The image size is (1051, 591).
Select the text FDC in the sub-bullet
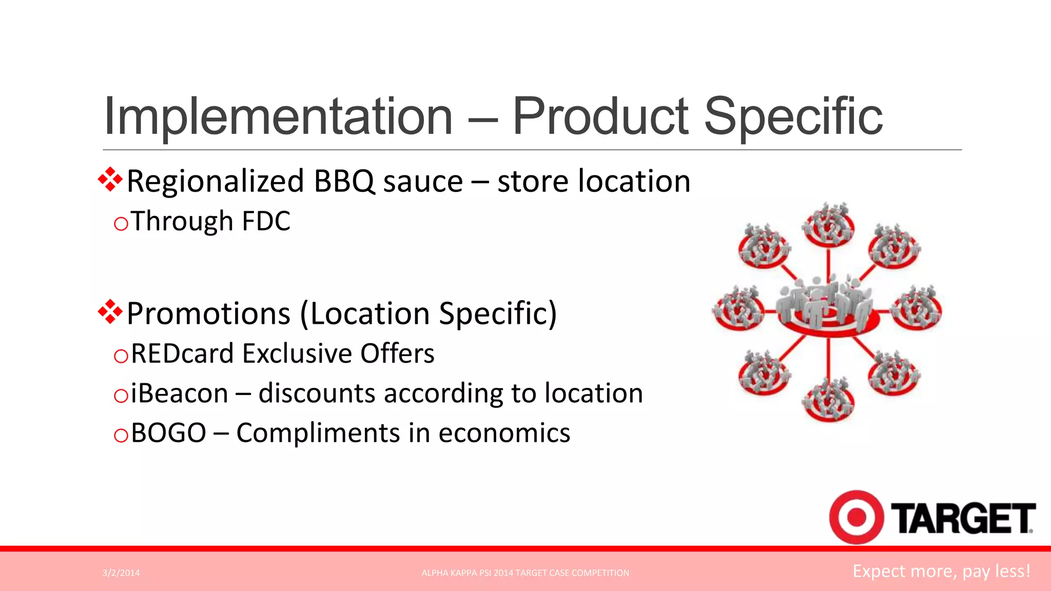pos(266,222)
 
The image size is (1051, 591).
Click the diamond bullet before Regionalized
pos(110,180)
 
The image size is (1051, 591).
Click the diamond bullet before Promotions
pos(110,312)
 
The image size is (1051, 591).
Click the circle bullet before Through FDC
pos(121,224)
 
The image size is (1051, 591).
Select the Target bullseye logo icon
pos(856,517)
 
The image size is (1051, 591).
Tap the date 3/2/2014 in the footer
pos(121,573)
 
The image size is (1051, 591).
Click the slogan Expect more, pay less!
pos(941,572)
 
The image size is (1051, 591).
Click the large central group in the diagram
pos(828,305)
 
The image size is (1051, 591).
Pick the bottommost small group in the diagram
pos(828,400)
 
